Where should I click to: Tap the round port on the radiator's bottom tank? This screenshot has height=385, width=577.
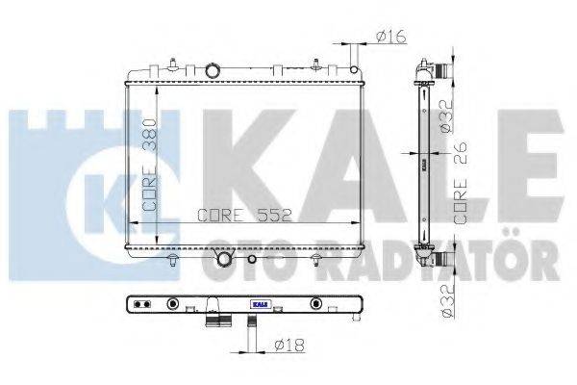point(225,260)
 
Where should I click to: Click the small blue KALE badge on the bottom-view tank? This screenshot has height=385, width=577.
point(260,304)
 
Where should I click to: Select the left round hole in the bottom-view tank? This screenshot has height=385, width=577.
point(173,305)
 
